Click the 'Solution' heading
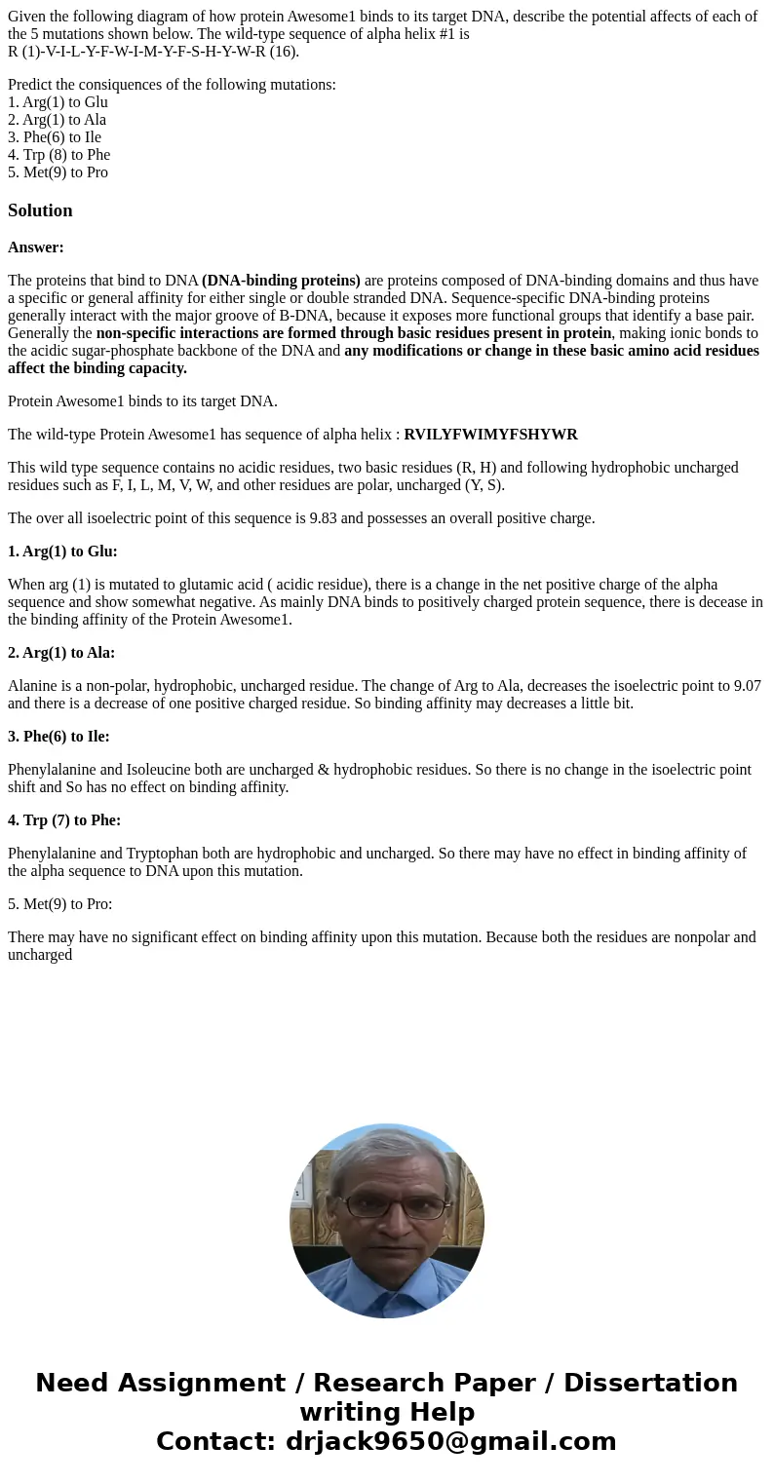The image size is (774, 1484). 40,210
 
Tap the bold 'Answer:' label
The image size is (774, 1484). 36,247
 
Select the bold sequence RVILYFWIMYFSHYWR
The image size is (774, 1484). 490,435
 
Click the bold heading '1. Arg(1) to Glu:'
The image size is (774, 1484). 62,552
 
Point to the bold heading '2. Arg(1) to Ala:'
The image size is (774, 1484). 61,653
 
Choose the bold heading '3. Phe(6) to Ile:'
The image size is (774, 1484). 60,737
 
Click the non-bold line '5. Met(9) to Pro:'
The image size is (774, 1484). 60,904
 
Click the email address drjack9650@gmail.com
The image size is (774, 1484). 450,1441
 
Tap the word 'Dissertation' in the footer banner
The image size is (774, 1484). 650,1383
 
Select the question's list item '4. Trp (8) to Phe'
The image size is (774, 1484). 58,155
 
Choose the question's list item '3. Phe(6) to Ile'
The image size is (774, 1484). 55,137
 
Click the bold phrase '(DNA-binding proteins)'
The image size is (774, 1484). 281,281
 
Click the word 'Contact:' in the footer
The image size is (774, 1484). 215,1441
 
